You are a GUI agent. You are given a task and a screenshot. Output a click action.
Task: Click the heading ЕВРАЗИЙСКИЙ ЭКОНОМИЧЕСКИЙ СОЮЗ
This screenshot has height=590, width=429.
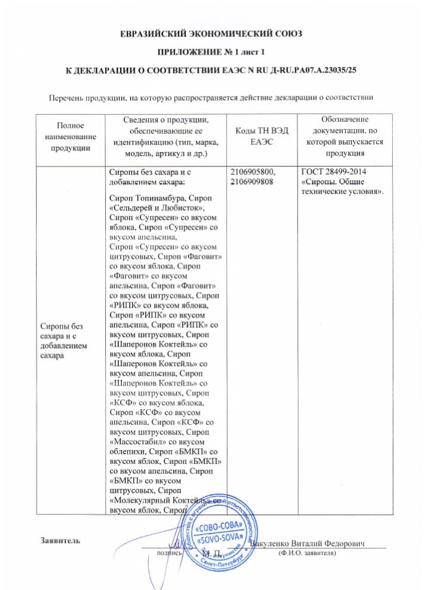tap(214, 34)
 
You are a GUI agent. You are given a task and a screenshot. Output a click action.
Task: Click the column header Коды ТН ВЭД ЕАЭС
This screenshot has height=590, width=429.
tap(258, 137)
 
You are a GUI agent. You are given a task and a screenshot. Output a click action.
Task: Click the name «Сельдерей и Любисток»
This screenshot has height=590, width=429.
tap(158, 207)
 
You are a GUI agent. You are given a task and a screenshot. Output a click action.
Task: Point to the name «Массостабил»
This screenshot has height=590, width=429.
tap(143, 442)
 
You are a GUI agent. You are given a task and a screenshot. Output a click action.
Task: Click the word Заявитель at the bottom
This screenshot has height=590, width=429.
tap(60, 541)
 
